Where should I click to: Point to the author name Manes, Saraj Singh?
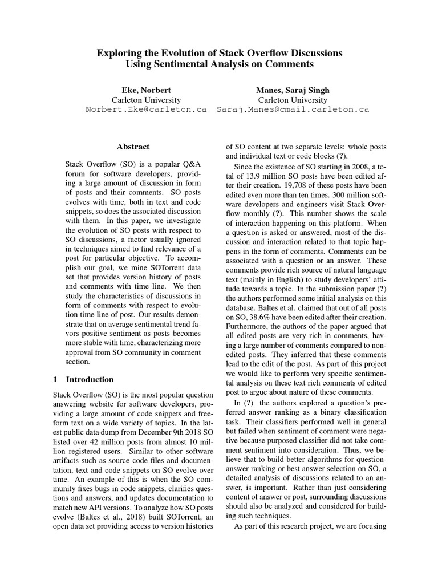pos(293,90)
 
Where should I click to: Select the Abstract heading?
pos(133,147)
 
